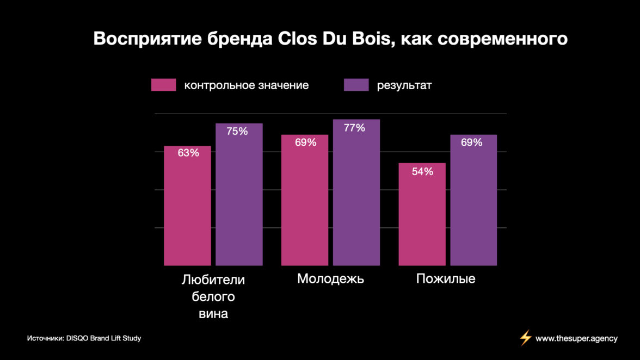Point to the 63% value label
[x=188, y=153]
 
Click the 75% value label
[x=237, y=131]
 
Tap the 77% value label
[x=354, y=128]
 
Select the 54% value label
[x=422, y=172]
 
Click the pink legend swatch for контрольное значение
[x=164, y=85]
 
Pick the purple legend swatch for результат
[x=356, y=85]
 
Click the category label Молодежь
[x=330, y=279]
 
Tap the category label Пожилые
[x=446, y=279]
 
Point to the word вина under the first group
[x=213, y=314]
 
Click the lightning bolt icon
[x=525, y=338]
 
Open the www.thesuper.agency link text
[x=576, y=338]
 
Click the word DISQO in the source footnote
[x=76, y=338]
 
